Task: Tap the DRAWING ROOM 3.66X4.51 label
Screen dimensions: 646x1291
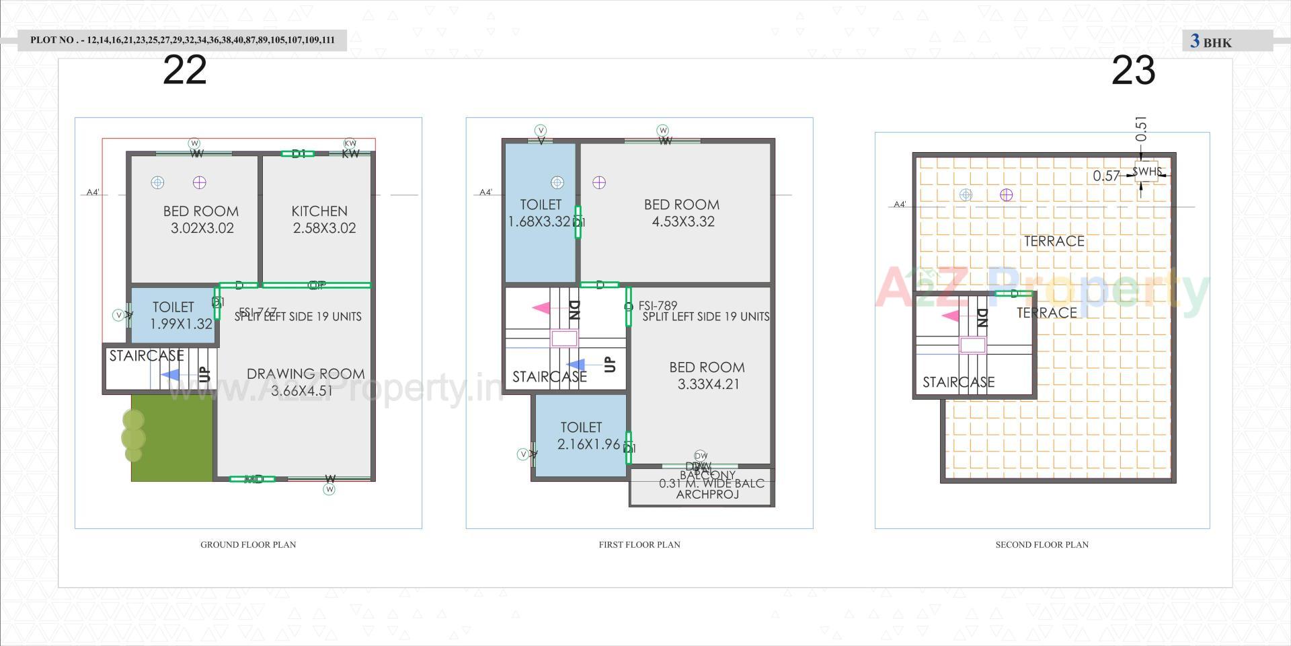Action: point(305,382)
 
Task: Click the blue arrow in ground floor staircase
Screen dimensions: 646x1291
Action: point(171,375)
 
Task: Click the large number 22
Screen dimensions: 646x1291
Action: point(184,70)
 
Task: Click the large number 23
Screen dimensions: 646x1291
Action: point(1133,70)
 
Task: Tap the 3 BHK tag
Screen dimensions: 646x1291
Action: point(1211,42)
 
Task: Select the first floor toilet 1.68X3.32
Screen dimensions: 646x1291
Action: point(540,213)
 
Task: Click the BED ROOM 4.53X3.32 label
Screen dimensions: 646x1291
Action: point(682,213)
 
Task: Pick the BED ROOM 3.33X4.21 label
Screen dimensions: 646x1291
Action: point(707,375)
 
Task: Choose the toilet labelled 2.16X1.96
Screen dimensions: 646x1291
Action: point(582,435)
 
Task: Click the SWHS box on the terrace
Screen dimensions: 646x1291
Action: point(1146,172)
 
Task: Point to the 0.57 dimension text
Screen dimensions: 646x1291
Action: point(1106,176)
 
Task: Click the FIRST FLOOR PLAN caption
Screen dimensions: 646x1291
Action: point(639,544)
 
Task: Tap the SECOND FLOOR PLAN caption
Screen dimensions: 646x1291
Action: point(1042,544)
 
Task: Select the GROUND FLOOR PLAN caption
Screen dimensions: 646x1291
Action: point(248,544)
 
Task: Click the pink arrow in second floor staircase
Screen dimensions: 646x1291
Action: point(950,316)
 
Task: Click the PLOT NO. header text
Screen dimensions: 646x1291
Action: point(182,40)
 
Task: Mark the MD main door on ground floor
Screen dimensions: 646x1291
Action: point(253,479)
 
